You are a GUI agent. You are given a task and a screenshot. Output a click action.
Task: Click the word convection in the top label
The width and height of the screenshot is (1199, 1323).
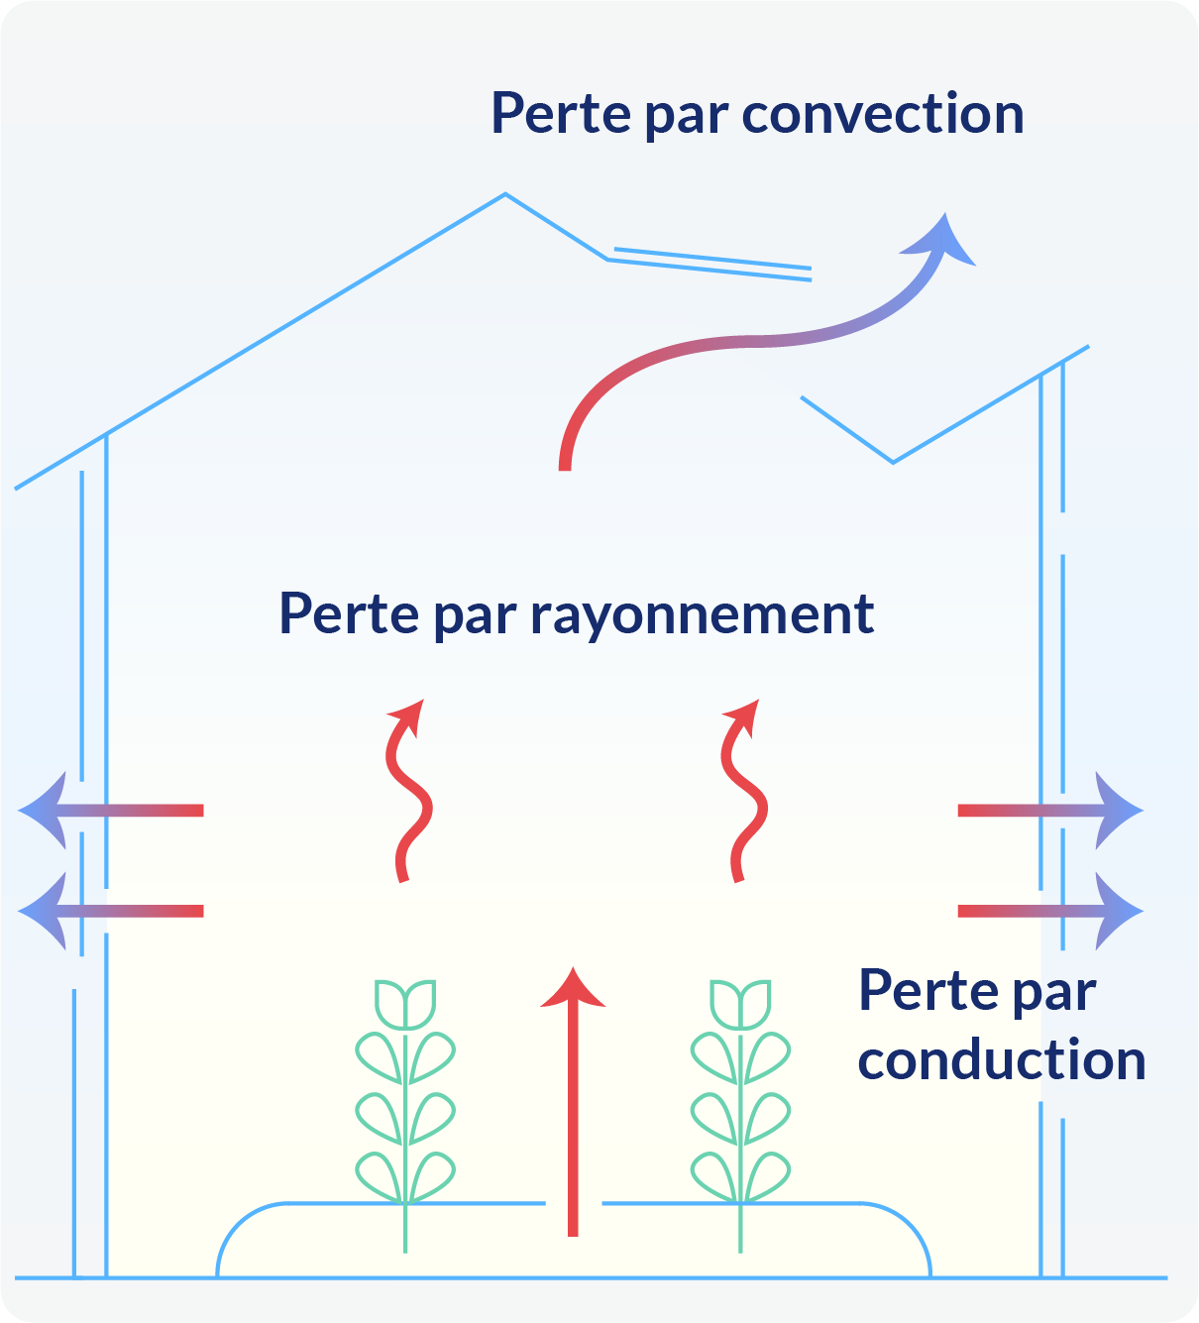tap(883, 114)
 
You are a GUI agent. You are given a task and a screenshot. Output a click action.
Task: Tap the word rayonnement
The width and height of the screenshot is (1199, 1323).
tap(702, 614)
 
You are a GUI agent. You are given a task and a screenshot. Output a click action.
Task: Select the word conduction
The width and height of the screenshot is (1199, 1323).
tap(1002, 1060)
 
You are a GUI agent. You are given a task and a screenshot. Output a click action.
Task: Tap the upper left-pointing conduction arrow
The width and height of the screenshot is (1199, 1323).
tap(109, 811)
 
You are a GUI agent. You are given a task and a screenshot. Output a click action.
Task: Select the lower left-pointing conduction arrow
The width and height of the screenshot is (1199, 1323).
tap(109, 911)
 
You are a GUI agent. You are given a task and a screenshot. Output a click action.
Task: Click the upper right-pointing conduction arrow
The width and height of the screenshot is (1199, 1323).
tap(1050, 811)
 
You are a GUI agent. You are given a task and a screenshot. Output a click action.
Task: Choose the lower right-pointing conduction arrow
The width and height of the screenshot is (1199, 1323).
tap(1050, 911)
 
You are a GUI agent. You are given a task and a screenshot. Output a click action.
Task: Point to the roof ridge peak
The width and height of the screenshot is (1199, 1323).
tap(505, 194)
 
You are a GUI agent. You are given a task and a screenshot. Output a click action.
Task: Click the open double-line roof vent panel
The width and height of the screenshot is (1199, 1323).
tap(711, 263)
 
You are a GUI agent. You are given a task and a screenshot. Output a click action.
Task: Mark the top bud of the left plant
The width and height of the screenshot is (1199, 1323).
tap(405, 1003)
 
